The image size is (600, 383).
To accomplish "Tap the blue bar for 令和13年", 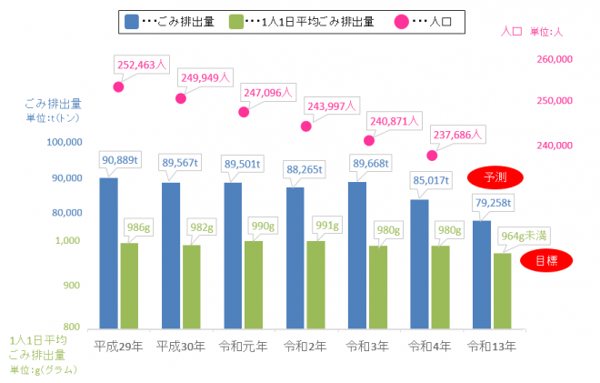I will click(482, 273).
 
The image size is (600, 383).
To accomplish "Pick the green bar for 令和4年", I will click(440, 286).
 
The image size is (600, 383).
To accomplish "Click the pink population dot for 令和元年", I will click(244, 112).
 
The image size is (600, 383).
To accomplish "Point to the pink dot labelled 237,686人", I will click(432, 156).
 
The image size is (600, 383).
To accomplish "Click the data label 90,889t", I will click(120, 160).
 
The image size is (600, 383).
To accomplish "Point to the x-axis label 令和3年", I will click(368, 346).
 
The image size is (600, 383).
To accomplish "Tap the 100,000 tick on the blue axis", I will click(64, 143).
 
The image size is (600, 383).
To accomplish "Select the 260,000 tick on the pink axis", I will click(553, 59).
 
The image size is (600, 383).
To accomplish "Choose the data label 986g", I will click(140, 227).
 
